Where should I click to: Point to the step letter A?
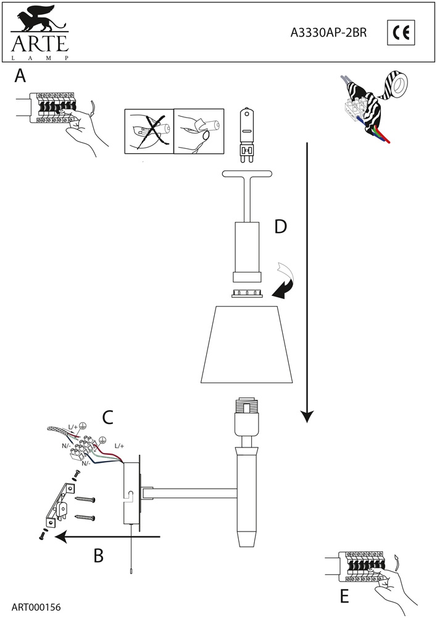(20, 77)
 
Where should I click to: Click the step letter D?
(281, 227)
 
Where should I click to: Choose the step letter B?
(98, 556)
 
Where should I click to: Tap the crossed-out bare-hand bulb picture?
(149, 130)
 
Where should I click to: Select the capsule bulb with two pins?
(248, 131)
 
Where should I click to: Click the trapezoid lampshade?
(248, 344)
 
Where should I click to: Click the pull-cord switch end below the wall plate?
(131, 572)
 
